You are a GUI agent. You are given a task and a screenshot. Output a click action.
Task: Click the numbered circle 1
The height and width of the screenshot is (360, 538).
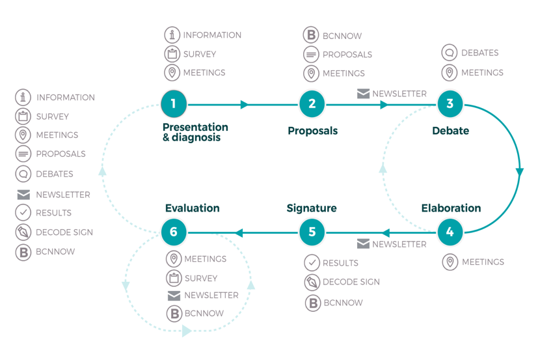(174, 104)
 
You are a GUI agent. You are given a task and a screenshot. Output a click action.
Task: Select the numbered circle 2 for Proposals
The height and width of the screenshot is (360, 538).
(312, 104)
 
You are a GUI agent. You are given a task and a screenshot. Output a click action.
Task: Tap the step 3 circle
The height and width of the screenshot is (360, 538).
(450, 104)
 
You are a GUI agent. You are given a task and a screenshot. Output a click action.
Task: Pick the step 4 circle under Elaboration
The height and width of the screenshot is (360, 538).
(450, 232)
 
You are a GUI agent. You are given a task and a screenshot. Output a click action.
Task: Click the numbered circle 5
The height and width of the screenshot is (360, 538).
(312, 232)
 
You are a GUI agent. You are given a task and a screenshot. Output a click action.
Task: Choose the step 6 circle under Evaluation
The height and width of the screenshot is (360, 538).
(174, 232)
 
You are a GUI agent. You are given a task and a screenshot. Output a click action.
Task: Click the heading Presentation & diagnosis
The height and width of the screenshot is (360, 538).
(195, 132)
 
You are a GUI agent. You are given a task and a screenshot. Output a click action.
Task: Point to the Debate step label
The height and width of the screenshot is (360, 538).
(451, 131)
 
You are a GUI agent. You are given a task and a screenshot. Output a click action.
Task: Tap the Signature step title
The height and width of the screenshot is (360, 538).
(312, 208)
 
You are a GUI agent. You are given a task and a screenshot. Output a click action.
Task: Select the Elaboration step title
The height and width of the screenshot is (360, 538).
(451, 208)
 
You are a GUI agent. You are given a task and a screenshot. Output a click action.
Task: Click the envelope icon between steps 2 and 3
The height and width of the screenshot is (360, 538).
(364, 94)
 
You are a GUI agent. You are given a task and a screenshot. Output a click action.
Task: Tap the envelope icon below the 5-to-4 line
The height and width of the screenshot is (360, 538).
(364, 243)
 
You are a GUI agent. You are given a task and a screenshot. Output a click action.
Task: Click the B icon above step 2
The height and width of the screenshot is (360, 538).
(311, 35)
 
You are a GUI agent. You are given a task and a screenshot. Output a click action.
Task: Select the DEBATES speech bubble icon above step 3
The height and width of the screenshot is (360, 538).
(450, 53)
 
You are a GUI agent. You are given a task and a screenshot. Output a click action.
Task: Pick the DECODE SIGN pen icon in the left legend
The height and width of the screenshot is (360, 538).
(23, 232)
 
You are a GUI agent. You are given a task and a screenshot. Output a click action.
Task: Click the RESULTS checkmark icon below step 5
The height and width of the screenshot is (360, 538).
(312, 263)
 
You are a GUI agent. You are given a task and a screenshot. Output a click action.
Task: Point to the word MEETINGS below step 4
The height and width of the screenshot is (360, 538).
(483, 262)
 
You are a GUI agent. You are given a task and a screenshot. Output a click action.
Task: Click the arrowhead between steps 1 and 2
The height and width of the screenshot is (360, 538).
(245, 104)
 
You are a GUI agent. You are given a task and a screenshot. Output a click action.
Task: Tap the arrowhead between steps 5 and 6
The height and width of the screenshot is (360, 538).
(239, 233)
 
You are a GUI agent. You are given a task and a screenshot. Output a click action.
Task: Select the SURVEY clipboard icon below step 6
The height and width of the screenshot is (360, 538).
(174, 278)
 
